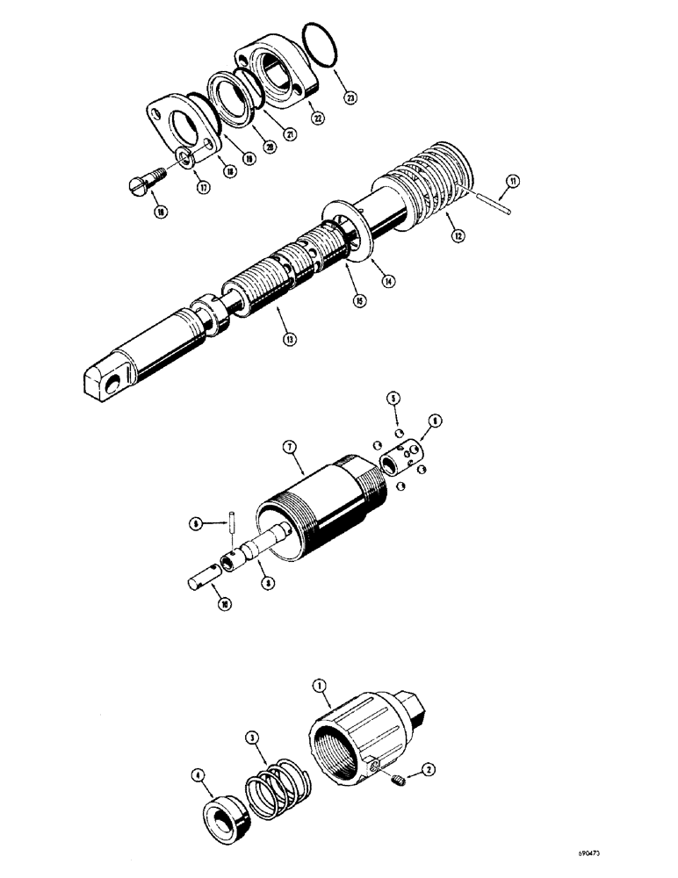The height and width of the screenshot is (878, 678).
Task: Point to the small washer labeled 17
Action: (x=183, y=157)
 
